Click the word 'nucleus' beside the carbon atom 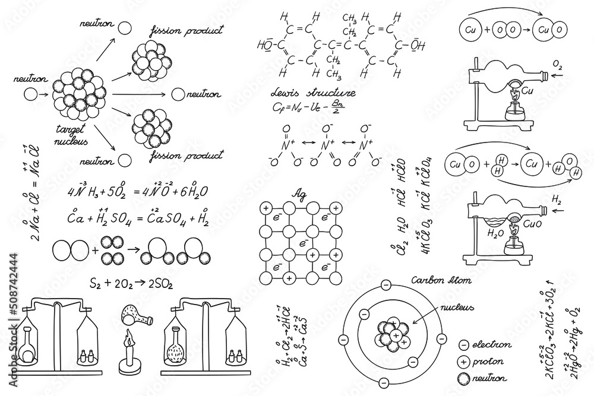pyautogui.click(x=457, y=308)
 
